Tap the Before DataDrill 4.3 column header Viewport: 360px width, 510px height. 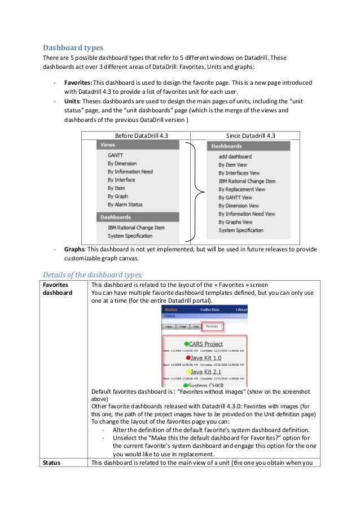pyautogui.click(x=136, y=136)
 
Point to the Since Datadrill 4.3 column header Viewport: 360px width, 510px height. pyautogui.click(x=245, y=136)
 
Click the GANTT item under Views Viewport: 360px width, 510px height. pyautogui.click(x=115, y=155)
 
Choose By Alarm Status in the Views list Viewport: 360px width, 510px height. pyautogui.click(x=125, y=204)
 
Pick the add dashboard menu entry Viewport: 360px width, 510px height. pyautogui.click(x=235, y=156)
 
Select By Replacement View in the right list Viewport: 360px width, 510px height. pyautogui.click(x=242, y=189)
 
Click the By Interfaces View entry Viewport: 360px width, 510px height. pyautogui.click(x=239, y=173)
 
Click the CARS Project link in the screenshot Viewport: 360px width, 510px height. pyautogui.click(x=206, y=343)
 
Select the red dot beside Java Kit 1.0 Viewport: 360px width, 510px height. pyautogui.click(x=186, y=358)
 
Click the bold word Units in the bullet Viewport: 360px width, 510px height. pyautogui.click(x=73, y=101)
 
